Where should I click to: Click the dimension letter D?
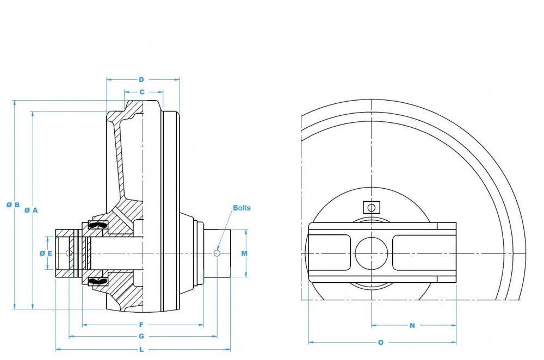click(141, 80)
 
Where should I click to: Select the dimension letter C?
click(142, 92)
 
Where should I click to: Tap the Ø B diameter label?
click(13, 204)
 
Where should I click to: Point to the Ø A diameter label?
click(31, 210)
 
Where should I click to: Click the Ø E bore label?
click(46, 253)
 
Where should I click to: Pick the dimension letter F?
click(141, 325)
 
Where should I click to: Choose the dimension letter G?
click(141, 337)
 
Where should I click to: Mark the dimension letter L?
click(141, 350)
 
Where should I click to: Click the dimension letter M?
click(244, 253)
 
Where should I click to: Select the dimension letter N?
click(412, 325)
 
